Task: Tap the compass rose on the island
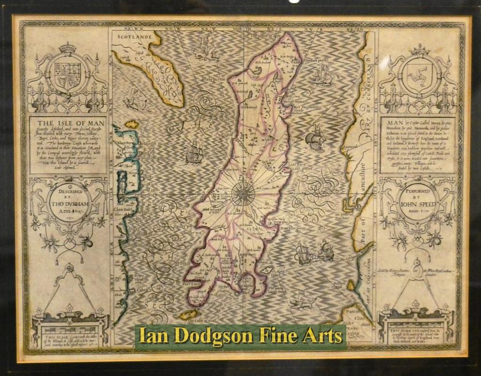pyautogui.click(x=243, y=193)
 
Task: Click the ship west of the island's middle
pyautogui.click(x=194, y=153)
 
